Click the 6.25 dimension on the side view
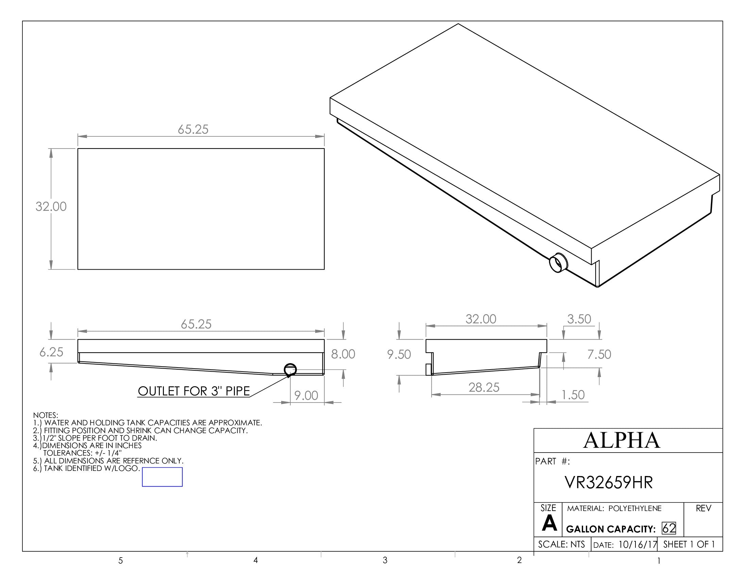coord(51,352)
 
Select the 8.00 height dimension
coord(343,354)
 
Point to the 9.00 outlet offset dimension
coord(306,395)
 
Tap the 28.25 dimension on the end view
coord(483,387)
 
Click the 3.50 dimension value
coord(579,319)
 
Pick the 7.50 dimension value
coord(599,354)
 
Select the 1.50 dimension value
coord(573,395)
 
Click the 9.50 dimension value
coord(399,354)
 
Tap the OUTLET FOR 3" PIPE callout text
coord(194,391)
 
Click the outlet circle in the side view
coord(290,369)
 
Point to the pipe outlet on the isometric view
coord(558,263)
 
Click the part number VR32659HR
coord(609,482)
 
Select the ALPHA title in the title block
coord(621,440)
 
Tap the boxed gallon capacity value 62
coord(668,528)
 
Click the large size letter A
coord(549,524)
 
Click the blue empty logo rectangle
coord(162,477)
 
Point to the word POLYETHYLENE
coord(635,509)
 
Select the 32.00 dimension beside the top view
coord(51,206)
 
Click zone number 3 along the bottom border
coord(385,560)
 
